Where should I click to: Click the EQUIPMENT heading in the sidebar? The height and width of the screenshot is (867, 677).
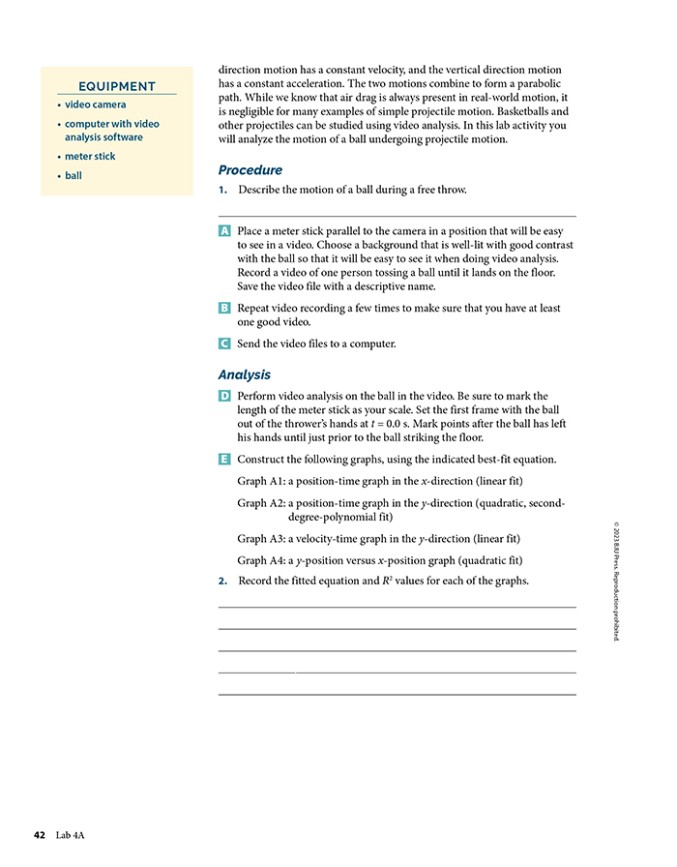point(117,86)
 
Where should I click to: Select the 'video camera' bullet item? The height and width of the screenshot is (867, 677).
point(95,105)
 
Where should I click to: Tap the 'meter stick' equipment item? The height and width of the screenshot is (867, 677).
point(90,157)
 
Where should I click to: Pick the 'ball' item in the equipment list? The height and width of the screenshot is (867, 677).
point(74,176)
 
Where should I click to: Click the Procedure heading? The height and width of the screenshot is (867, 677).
point(250,170)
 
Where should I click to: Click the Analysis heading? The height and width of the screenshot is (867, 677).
point(245,374)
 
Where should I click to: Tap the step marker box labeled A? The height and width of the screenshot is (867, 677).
point(224,232)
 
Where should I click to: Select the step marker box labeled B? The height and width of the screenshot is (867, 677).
point(224,308)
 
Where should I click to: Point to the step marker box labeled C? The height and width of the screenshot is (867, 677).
point(224,344)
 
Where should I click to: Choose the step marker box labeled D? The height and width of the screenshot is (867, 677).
point(224,396)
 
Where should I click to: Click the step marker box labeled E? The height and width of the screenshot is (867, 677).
point(224,459)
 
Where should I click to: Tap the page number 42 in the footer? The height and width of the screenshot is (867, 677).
point(40,834)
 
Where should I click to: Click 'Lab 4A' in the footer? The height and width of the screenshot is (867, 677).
point(72,834)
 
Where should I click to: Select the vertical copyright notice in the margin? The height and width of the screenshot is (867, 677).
point(617,581)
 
